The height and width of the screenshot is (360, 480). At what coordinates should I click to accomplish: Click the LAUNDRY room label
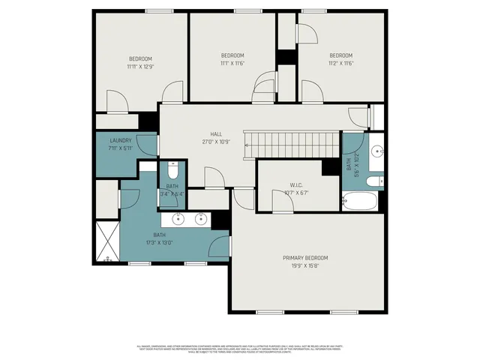121,140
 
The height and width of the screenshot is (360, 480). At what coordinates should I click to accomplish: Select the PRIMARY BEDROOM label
304,257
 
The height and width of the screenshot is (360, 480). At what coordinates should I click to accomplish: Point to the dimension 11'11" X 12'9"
140,67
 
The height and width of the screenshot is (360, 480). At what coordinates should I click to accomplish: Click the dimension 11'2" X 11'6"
341,63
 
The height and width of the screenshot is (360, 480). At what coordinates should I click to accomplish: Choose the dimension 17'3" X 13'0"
158,242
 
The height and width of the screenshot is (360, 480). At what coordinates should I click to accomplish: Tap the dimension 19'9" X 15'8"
304,265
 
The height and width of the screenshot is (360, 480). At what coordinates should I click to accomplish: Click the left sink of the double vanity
178,219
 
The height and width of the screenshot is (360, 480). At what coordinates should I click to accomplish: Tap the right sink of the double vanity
202,219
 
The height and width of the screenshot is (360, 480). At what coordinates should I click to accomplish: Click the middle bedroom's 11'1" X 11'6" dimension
232,63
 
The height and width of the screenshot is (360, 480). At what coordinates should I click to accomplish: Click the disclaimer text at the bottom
239,349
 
